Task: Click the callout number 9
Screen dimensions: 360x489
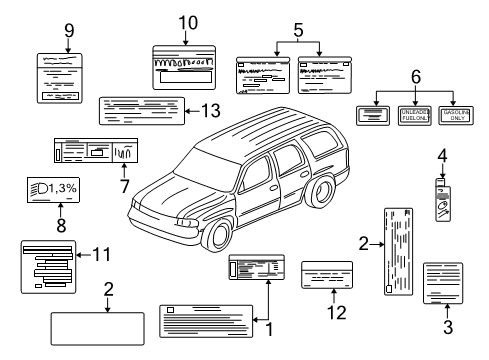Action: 69,30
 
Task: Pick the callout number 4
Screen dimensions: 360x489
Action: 442,155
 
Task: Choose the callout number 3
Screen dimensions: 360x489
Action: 447,325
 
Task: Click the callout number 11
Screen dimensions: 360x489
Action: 99,254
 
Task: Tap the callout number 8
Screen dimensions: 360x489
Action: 61,226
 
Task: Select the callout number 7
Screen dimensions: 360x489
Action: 124,186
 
